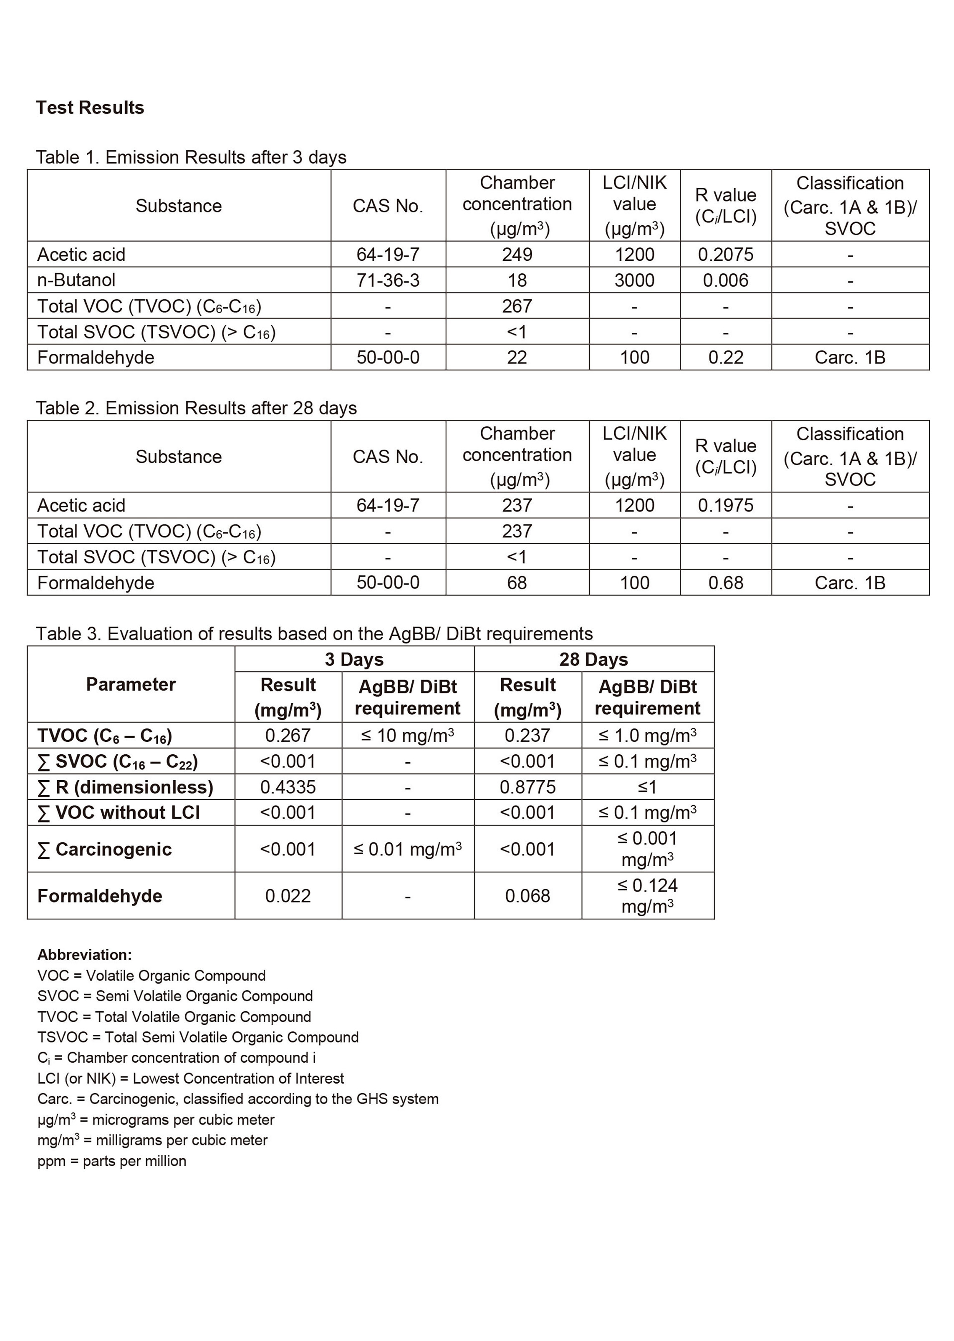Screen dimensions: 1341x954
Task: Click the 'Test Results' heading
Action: (x=90, y=108)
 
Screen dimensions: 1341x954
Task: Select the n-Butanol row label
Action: (x=76, y=280)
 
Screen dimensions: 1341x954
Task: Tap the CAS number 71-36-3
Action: (x=388, y=280)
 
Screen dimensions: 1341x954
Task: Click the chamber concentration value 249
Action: (x=517, y=255)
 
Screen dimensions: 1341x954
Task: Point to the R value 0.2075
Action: (x=725, y=255)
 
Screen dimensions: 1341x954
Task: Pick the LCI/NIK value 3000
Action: (x=634, y=280)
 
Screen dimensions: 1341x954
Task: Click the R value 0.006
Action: (x=725, y=280)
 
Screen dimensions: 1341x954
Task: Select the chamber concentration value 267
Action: (x=517, y=306)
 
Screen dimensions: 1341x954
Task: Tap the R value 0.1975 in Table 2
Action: (x=725, y=505)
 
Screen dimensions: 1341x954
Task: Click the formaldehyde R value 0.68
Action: (x=725, y=583)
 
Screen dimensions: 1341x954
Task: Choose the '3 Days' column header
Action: (x=354, y=659)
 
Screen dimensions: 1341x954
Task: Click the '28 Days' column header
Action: (x=593, y=659)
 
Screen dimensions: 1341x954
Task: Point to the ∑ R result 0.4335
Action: (x=288, y=786)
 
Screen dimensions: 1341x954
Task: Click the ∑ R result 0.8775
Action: (x=527, y=786)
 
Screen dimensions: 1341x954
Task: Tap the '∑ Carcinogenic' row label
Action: (x=105, y=849)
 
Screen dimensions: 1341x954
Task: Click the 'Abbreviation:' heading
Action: (x=85, y=955)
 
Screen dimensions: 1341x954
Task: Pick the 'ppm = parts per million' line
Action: (x=111, y=1161)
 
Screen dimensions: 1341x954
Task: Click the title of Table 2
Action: (x=196, y=408)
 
